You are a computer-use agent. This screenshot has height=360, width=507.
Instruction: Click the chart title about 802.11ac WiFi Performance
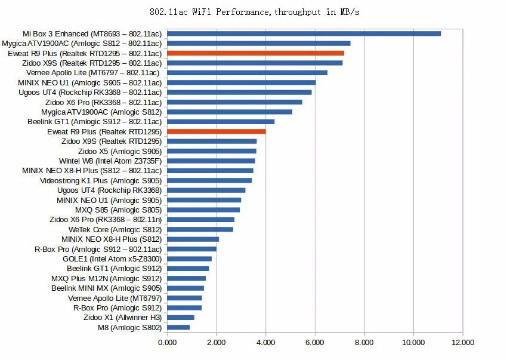pos(253,12)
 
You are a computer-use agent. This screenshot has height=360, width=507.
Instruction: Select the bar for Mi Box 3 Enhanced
pos(304,33)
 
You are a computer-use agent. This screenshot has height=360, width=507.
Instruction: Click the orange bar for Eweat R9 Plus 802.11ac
pos(255,53)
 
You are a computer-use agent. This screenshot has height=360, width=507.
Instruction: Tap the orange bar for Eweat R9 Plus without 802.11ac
pos(217,131)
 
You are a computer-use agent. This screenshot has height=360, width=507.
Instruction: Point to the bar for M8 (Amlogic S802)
pos(178,327)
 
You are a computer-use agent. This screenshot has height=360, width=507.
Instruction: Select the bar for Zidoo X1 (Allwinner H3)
pos(181,318)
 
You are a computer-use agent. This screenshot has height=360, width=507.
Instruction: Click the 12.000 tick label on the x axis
pos(463,343)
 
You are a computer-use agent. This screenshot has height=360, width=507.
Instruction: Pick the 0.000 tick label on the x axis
pos(168,343)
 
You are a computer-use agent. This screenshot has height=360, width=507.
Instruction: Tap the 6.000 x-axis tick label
pos(315,343)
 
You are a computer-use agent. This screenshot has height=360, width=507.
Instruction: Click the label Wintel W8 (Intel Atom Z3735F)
pos(110,161)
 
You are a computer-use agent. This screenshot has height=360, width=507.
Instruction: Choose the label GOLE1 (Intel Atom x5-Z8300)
pos(112,259)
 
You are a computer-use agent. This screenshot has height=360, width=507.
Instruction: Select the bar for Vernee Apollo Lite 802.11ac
pos(247,73)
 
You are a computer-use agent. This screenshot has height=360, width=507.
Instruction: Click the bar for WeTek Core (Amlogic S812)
pos(200,229)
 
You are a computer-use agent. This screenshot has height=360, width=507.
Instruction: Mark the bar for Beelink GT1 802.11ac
pos(221,122)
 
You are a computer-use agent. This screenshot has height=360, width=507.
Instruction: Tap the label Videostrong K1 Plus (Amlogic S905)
pos(101,180)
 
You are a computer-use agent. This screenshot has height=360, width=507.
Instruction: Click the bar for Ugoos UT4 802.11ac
pos(239,93)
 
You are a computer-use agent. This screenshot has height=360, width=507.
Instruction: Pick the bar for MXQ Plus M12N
pos(186,278)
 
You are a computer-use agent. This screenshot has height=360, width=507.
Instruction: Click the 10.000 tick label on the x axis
pos(413,343)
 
